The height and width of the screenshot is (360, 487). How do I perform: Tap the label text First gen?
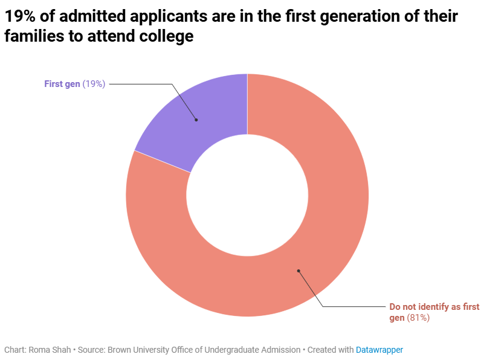click(x=62, y=84)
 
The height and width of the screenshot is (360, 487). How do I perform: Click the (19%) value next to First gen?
click(x=94, y=84)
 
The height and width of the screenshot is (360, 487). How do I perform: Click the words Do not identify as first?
click(x=434, y=307)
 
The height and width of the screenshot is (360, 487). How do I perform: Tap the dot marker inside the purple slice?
click(x=196, y=120)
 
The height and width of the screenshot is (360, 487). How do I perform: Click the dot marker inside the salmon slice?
click(x=298, y=271)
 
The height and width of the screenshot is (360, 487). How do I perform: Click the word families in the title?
click(x=30, y=36)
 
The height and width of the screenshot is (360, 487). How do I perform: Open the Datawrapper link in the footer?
click(x=379, y=350)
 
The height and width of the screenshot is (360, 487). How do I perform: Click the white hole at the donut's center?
click(x=247, y=194)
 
